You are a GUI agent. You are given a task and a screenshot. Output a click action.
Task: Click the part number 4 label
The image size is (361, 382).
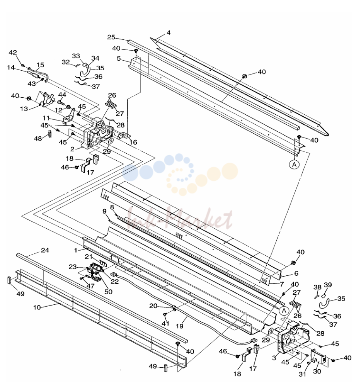(x=169, y=33)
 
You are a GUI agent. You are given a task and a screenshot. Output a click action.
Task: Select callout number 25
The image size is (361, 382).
(x=111, y=37)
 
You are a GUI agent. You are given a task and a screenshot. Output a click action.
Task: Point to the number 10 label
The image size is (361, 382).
(x=37, y=307)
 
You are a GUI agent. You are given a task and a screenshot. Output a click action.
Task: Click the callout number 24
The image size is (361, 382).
(x=45, y=250)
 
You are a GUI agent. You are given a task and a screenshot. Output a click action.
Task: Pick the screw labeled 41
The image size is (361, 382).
(x=165, y=314)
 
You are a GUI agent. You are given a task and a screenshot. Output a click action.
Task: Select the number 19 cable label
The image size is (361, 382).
(x=179, y=326)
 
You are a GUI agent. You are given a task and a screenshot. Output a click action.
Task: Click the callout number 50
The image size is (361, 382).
(x=108, y=292)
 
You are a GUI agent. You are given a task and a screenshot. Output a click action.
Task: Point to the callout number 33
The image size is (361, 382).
(x=76, y=56)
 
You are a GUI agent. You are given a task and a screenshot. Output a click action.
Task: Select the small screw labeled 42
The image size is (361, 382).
(x=23, y=65)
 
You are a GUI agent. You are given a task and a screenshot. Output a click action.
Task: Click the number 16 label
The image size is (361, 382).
(x=133, y=142)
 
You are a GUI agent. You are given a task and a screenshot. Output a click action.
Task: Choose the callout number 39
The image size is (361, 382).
(x=328, y=285)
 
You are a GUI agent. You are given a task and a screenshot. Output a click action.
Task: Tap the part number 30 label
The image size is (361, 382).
(x=317, y=371)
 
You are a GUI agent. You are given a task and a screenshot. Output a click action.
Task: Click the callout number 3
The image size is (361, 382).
(x=274, y=358)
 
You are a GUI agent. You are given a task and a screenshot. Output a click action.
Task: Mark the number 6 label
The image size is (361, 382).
(x=296, y=273)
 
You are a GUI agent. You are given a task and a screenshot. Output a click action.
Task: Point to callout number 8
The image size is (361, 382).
(x=112, y=207)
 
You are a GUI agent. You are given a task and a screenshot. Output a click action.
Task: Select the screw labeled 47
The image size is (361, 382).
(x=82, y=278)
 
